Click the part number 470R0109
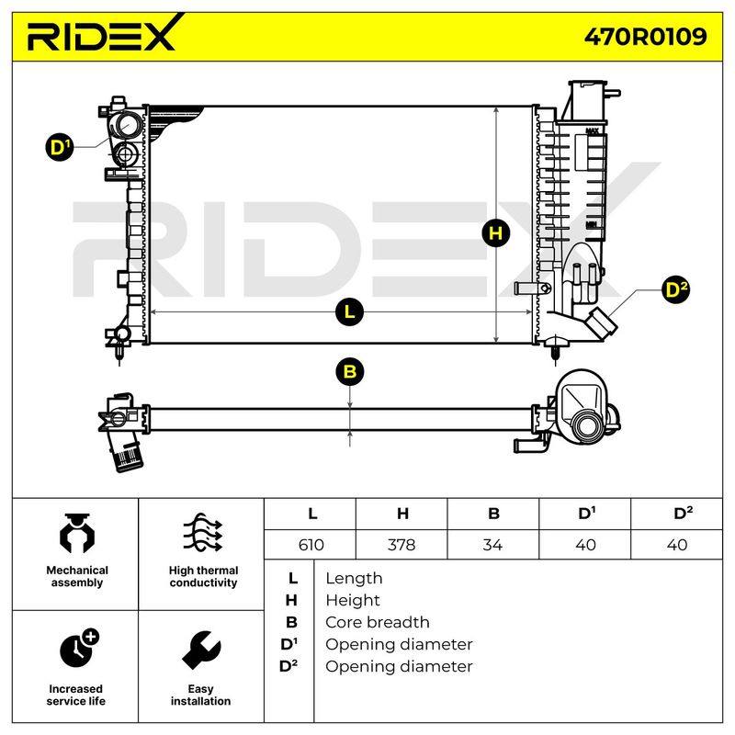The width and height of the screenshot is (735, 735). coord(645,37)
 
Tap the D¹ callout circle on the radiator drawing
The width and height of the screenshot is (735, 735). coord(60,147)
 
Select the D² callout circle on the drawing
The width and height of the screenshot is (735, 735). coord(676,289)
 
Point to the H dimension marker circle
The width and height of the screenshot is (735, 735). coord(496,233)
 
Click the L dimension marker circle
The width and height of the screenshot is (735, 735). coord(350,311)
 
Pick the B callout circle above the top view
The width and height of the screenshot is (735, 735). coord(350,372)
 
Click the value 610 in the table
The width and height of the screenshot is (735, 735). coord(311,545)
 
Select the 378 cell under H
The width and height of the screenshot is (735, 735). coord(401,545)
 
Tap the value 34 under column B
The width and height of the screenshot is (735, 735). coord(492,545)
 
